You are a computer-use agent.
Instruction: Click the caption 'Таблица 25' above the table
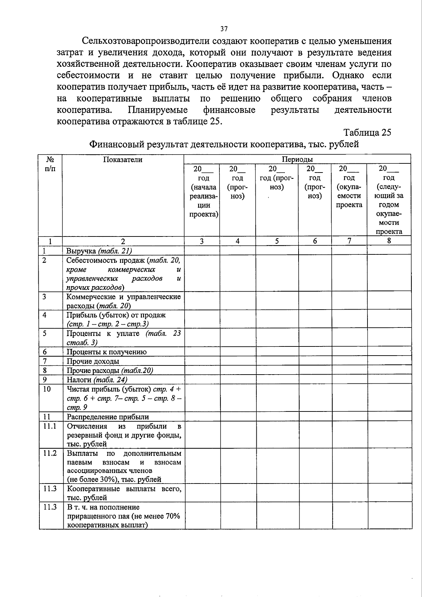coord(367,132)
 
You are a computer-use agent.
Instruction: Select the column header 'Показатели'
coord(123,160)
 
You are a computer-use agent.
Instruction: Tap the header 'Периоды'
coord(298,160)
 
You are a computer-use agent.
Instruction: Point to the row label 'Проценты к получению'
coord(107,352)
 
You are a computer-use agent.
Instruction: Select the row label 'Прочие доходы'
coord(93,361)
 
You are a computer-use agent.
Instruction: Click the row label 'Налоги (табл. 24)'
coord(97,380)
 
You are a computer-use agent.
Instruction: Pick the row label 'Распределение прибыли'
coord(108,417)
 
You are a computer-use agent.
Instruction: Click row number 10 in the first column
coord(47,389)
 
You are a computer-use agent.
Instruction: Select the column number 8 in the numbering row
coord(389,241)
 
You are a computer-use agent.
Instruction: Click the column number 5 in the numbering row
coord(277,241)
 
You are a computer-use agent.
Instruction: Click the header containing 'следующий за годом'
coord(389,200)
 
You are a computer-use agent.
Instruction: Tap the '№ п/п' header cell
coord(51,164)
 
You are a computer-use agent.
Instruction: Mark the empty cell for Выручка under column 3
coord(202,251)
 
